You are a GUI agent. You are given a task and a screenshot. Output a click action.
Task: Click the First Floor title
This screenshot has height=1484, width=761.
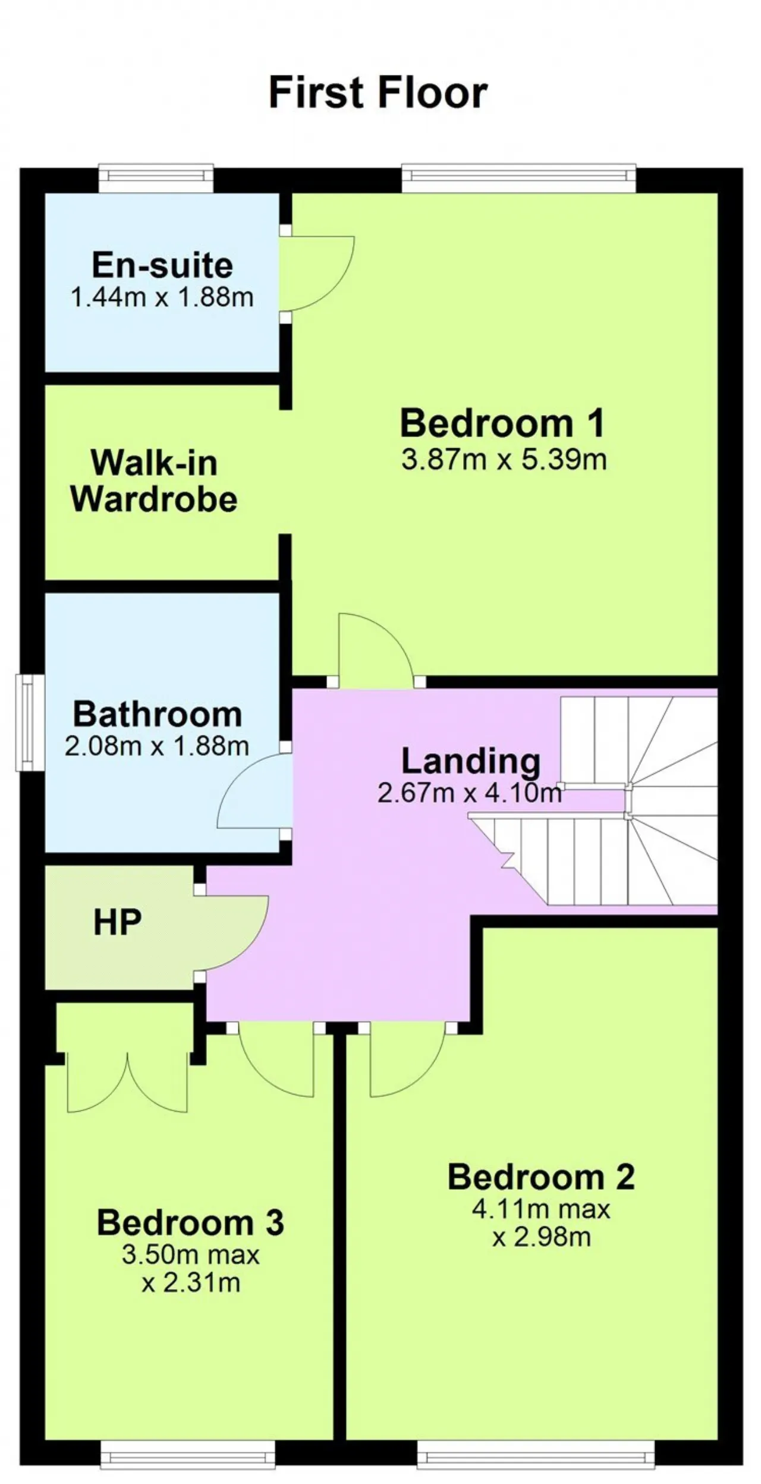pyautogui.click(x=378, y=93)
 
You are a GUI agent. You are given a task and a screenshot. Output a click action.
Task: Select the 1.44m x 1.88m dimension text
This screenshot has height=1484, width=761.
pyautogui.click(x=162, y=297)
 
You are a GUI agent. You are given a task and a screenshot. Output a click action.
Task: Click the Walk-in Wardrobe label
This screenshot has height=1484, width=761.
pyautogui.click(x=154, y=480)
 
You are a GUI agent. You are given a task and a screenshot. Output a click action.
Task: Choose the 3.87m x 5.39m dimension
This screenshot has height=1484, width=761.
pyautogui.click(x=504, y=460)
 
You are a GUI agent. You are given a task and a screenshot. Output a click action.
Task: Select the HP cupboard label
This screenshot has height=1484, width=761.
pyautogui.click(x=118, y=923)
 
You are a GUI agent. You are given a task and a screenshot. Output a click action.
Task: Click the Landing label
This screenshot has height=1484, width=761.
pyautogui.click(x=471, y=761)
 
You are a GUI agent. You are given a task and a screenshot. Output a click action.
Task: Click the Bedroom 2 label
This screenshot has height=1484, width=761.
pyautogui.click(x=541, y=1177)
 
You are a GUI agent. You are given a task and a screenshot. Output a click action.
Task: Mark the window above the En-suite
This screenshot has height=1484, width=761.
pyautogui.click(x=156, y=177)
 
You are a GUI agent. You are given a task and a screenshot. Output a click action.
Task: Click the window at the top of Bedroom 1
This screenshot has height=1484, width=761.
pyautogui.click(x=518, y=177)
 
